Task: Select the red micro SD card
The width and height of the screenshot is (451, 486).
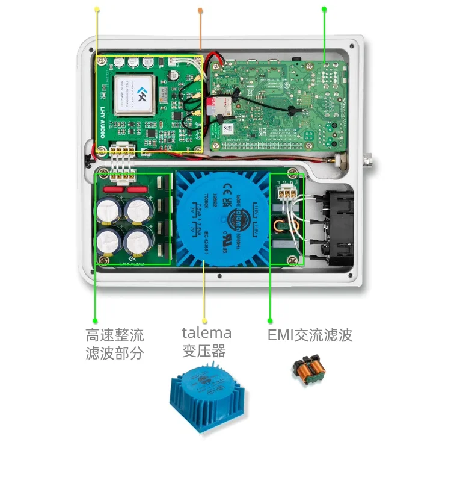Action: [x=212, y=105]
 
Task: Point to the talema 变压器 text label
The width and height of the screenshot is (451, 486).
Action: [x=206, y=341]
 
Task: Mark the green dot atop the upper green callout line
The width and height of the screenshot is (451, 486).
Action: [x=324, y=9]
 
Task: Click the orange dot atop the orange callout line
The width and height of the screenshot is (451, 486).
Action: [x=200, y=10]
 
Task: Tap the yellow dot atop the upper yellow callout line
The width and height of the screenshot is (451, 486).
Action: [x=97, y=9]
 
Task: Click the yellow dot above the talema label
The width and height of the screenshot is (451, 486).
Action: [x=204, y=320]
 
